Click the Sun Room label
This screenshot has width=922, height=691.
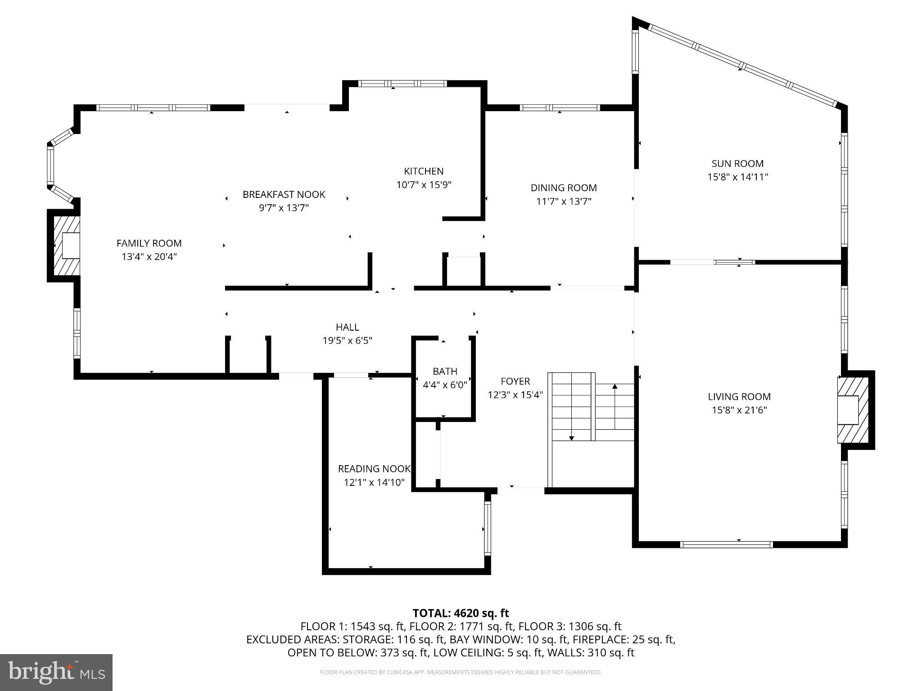[737, 163]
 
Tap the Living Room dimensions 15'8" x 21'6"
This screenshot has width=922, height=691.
[739, 410]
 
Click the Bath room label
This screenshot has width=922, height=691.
[445, 371]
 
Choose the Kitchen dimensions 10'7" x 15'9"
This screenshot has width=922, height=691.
[424, 184]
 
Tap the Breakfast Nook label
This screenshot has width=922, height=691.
[284, 194]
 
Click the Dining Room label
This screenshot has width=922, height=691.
[564, 188]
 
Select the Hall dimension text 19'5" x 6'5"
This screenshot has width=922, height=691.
[347, 341]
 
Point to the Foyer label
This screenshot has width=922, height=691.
[515, 381]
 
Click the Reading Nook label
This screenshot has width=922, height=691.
[374, 469]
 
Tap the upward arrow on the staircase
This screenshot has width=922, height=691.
[615, 387]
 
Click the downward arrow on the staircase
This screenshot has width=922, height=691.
[571, 437]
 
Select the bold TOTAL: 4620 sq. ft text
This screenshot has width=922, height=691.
[461, 613]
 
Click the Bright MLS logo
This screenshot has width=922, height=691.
[56, 672]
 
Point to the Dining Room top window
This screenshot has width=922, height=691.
[560, 108]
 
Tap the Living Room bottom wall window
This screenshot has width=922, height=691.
[726, 544]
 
